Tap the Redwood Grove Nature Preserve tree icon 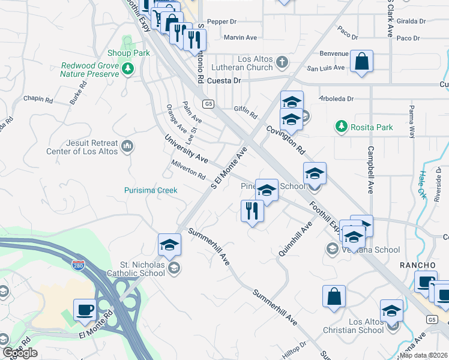pos(127,70)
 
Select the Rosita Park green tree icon pos(342,127)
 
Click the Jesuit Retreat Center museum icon pos(127,146)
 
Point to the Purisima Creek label pos(151,190)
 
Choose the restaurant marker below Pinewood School pos(252,211)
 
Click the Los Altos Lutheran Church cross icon pos(282,61)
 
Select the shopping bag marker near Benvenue pos(362,61)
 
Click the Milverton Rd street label pos(188,173)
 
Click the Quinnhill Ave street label pos(295,239)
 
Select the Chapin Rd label pos(38,98)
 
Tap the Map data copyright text pos(424,355)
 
